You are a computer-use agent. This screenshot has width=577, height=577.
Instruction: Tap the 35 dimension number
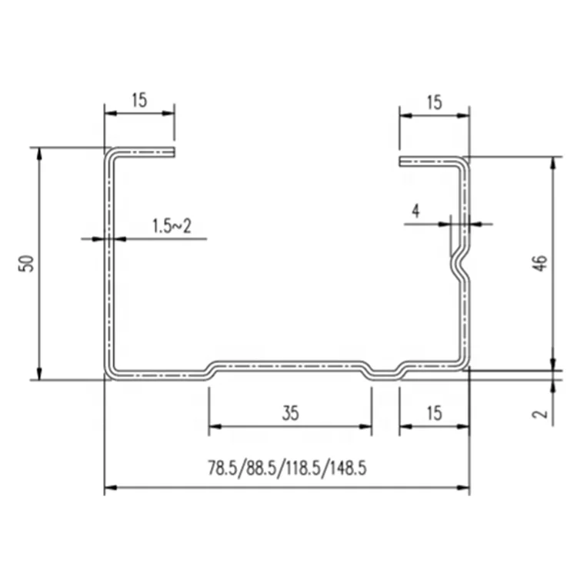(x=289, y=414)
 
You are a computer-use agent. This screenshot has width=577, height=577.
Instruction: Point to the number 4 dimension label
(x=415, y=211)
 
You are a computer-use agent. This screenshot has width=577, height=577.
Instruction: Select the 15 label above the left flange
(x=138, y=99)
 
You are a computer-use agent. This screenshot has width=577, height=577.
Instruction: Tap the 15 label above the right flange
(x=433, y=102)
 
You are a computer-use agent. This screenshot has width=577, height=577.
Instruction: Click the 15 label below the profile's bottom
(x=433, y=414)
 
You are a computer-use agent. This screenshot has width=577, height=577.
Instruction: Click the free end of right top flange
(x=402, y=162)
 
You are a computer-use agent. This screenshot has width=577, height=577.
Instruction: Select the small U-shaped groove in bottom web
(x=385, y=372)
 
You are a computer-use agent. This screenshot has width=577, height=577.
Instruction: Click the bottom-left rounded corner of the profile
(x=111, y=372)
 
